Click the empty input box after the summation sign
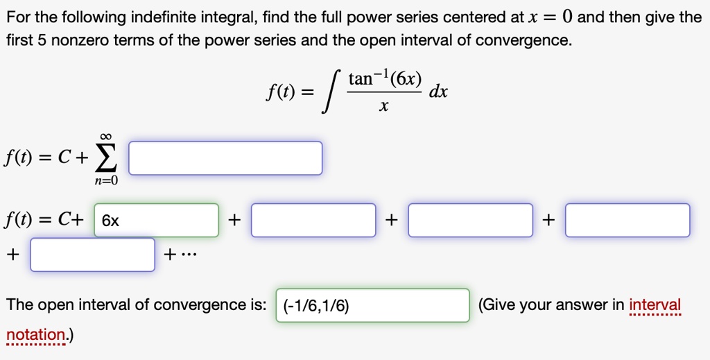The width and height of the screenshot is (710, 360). pyautogui.click(x=225, y=158)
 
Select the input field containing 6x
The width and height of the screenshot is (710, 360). pyautogui.click(x=156, y=221)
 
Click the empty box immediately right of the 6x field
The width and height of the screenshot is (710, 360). pyautogui.click(x=313, y=221)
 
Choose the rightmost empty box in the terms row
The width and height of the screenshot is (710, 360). pyautogui.click(x=627, y=221)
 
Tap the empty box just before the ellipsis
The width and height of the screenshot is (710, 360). pyautogui.click(x=92, y=255)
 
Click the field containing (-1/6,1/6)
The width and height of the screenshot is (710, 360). pyautogui.click(x=373, y=306)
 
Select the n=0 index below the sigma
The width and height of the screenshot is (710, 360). pyautogui.click(x=105, y=180)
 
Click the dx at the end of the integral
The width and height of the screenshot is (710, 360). pyautogui.click(x=438, y=92)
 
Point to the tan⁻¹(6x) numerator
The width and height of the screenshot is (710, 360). pyautogui.click(x=384, y=78)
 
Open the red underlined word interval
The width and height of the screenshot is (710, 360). pyautogui.click(x=655, y=305)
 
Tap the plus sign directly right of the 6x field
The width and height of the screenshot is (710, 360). pyautogui.click(x=235, y=221)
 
